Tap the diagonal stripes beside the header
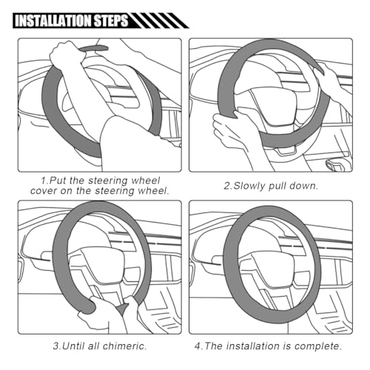(x=158, y=21)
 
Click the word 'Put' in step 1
(x=58, y=181)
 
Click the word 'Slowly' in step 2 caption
(x=249, y=186)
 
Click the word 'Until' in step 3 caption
(x=74, y=346)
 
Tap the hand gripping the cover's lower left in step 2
(x=231, y=128)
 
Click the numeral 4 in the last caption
(x=198, y=346)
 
